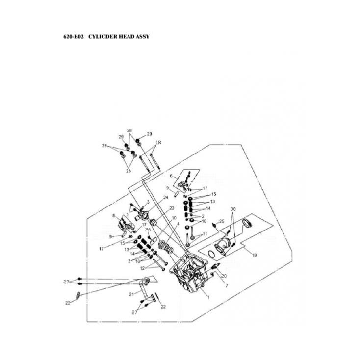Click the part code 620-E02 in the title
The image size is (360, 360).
click(x=74, y=37)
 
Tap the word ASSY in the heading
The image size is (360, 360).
click(x=141, y=37)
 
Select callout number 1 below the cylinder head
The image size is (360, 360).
click(x=207, y=298)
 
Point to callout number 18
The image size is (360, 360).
click(x=158, y=142)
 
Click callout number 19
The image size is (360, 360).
click(x=255, y=256)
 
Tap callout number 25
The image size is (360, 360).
click(x=222, y=221)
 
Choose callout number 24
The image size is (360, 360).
click(x=165, y=197)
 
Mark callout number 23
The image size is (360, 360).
click(x=172, y=208)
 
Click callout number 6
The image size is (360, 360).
click(x=171, y=176)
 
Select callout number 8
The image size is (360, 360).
click(x=114, y=215)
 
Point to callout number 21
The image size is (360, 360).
click(x=131, y=294)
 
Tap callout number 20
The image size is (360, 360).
click(x=224, y=276)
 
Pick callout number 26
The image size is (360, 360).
click(x=148, y=230)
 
